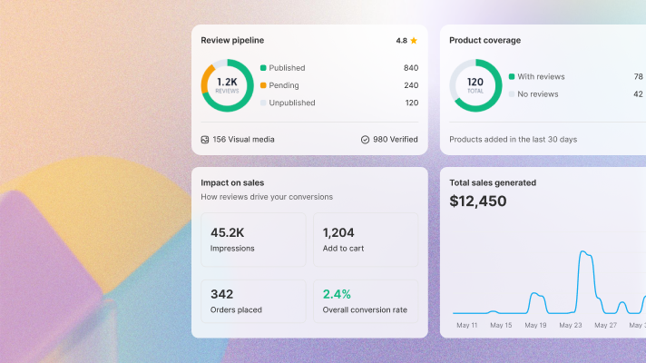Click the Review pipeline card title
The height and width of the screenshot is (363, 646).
point(232,40)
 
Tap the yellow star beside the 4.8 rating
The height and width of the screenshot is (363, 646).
point(414,41)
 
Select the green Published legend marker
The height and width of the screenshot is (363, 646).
point(263,68)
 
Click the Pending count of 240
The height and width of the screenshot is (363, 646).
point(411,85)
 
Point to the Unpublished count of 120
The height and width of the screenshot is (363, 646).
point(411,103)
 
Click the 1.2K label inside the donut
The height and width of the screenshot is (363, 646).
point(227,82)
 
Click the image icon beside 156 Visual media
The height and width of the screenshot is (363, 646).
point(205,140)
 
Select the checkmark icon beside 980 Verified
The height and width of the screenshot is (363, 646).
point(365,140)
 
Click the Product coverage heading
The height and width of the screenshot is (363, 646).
point(485,40)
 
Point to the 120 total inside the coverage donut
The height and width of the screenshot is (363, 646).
point(475,82)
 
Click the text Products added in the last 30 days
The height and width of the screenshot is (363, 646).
point(514,139)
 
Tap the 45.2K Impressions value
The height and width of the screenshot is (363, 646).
point(227,233)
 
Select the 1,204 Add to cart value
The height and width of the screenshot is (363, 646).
point(338,233)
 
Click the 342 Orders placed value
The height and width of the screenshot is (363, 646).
point(222,294)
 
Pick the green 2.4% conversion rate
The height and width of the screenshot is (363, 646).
point(338,294)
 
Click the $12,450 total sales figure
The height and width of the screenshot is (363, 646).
point(478,201)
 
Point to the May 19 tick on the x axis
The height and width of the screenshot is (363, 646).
point(535,325)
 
